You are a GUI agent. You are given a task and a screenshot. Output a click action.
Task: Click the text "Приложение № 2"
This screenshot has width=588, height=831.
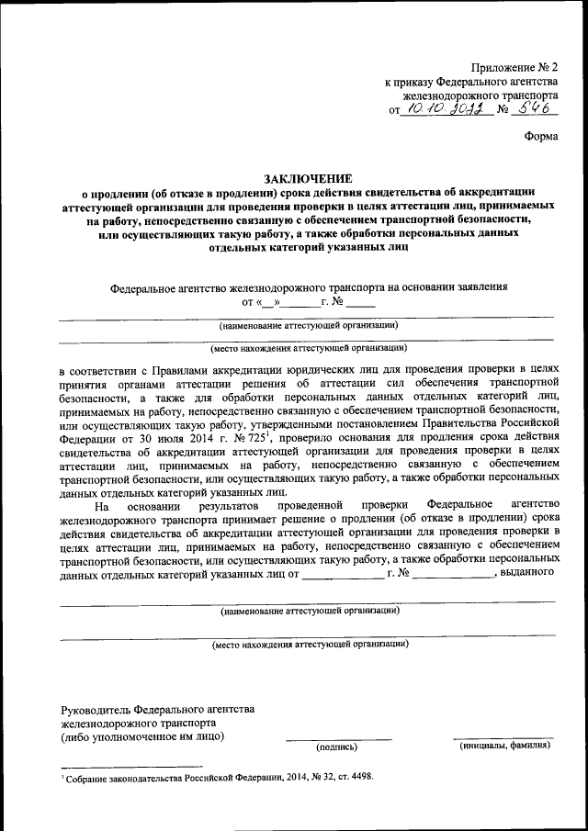click(514, 67)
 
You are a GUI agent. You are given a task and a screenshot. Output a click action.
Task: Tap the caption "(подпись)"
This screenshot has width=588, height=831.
click(337, 747)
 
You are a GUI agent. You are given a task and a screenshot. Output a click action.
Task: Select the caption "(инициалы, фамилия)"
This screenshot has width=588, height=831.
click(504, 747)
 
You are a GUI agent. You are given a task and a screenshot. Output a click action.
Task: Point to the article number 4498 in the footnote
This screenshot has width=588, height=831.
click(358, 776)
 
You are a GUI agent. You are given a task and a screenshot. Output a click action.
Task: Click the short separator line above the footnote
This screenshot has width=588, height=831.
click(131, 766)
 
